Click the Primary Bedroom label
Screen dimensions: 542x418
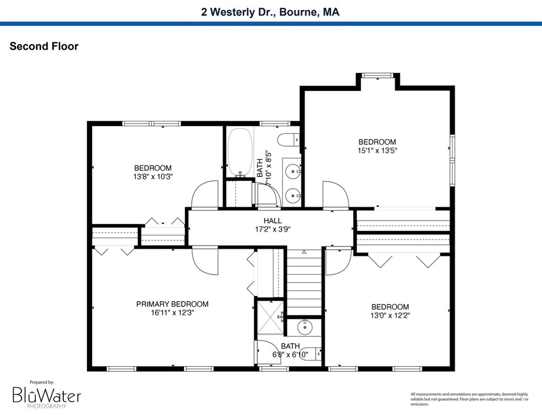172,304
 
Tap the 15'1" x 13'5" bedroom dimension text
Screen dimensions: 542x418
377,151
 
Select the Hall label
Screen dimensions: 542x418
273,221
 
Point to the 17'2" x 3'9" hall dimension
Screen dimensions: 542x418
273,229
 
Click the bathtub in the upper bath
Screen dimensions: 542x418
240,152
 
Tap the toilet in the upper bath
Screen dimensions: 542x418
288,140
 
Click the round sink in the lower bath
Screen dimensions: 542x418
305,326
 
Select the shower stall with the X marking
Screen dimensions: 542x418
270,318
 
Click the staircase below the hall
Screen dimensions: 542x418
305,282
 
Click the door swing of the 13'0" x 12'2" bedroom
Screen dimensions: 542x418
338,261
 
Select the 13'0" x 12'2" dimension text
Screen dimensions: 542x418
390,315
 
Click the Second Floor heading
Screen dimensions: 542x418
44,46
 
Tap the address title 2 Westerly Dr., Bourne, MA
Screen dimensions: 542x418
270,12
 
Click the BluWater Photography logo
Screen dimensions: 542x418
47,395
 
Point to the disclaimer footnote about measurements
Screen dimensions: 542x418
469,399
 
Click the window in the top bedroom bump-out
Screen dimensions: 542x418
377,76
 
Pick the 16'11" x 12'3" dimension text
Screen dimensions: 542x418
172,313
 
